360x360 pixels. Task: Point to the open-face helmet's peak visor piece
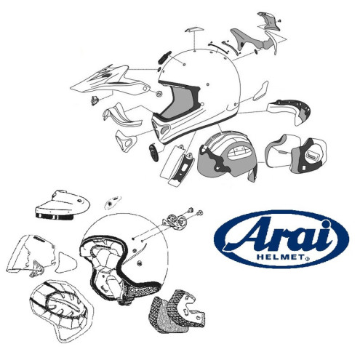[62, 205]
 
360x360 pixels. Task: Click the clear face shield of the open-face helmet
[26, 255]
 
